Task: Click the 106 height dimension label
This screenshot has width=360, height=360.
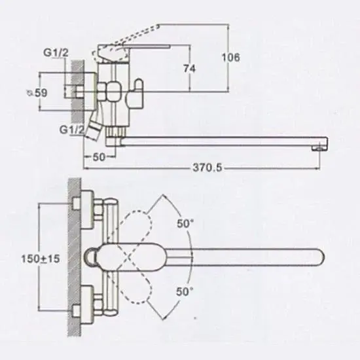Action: [x=231, y=57]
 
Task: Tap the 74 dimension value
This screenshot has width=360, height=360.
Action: [x=189, y=69]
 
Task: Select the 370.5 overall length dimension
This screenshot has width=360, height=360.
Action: [x=207, y=168]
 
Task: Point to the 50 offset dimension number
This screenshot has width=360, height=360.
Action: [x=99, y=157]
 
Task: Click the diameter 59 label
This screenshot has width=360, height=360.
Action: [x=37, y=93]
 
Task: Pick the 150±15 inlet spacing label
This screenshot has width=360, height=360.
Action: [x=41, y=259]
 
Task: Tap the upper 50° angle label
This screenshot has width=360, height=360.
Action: [x=185, y=223]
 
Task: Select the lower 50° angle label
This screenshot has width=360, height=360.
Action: [x=185, y=291]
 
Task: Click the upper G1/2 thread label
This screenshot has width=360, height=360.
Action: [x=56, y=53]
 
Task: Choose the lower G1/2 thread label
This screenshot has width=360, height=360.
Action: [x=71, y=130]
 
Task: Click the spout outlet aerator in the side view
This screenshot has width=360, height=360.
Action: [x=319, y=149]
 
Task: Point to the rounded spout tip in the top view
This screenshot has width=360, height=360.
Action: [x=321, y=257]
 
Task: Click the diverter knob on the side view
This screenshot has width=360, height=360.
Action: [x=136, y=94]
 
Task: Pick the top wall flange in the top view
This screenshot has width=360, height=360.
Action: [x=87, y=209]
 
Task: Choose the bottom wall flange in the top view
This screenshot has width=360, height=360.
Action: [x=87, y=305]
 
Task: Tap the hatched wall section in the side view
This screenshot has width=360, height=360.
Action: [x=78, y=92]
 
